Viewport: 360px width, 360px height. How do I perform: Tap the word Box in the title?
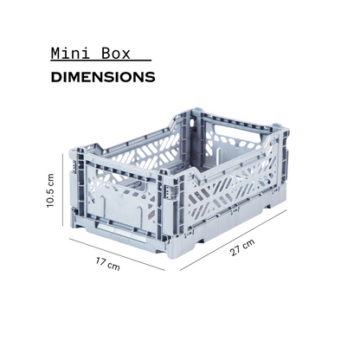116,54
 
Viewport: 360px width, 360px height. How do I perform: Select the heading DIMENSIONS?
103,77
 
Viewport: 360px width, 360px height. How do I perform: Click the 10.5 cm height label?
50,190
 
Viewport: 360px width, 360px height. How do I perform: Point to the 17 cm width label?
107,264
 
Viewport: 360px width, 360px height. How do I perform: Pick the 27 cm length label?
242,247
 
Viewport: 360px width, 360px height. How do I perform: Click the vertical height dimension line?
62,190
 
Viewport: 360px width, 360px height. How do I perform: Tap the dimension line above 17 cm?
117,254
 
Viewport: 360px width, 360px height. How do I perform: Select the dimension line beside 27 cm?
234,240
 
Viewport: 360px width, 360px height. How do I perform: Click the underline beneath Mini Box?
101,61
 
